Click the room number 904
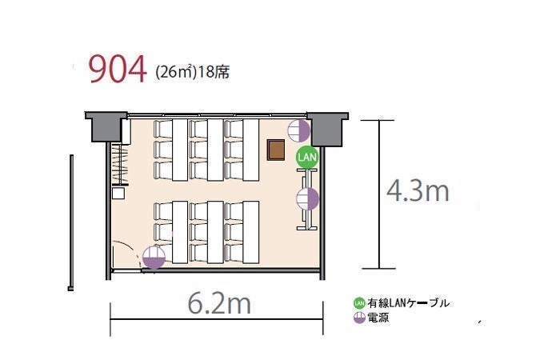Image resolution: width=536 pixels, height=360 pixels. point(118,70)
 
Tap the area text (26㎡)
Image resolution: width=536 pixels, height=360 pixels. point(176,73)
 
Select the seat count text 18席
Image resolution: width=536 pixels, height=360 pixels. point(214,73)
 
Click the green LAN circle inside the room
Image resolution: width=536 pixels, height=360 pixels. point(307,157)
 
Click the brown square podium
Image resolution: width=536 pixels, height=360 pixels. point(276,150)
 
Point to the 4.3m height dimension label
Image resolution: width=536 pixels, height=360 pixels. point(418,191)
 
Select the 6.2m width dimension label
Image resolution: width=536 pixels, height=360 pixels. point(219,303)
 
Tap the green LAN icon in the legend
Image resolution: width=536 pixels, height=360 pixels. point(359,303)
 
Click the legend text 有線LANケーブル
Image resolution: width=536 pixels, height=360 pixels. point(409,303)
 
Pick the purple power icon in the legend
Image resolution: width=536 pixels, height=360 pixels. point(359,318)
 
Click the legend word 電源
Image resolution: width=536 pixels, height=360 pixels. point(378,318)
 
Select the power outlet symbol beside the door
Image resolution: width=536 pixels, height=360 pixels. point(154,257)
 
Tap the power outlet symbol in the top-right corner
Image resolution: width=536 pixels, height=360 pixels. point(298,130)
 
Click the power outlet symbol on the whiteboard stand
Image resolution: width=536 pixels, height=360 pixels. point(307,199)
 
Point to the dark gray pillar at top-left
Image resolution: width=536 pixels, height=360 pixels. point(106,126)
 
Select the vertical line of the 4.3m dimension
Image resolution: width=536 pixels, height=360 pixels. point(378,194)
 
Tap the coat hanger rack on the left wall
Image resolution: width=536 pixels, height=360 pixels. point(120,165)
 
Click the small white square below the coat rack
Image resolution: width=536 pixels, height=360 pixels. point(118,194)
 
